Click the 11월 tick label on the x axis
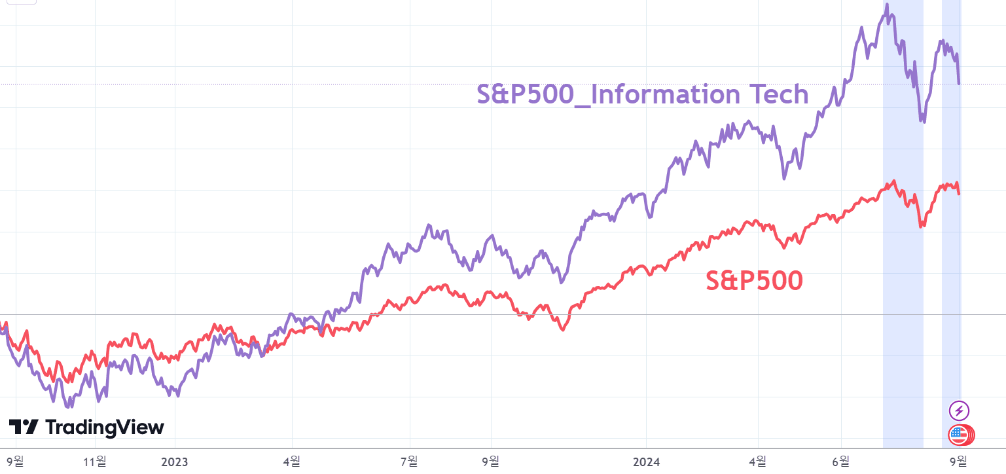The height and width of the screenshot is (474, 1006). click(95, 461)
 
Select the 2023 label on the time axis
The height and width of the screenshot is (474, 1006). click(174, 461)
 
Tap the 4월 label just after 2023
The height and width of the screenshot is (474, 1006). click(292, 461)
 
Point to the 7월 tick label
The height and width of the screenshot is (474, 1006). click(409, 461)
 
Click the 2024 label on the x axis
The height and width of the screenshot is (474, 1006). click(646, 461)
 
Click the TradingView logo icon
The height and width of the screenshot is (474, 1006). click(24, 428)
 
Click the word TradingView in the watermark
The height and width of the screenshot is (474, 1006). click(105, 428)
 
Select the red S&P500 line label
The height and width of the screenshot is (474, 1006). click(754, 281)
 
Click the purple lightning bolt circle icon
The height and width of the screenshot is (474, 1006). click(959, 410)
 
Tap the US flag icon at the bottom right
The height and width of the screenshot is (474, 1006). click(959, 433)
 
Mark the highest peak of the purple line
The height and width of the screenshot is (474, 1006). click(887, 5)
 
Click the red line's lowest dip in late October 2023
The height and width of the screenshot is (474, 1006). click(562, 330)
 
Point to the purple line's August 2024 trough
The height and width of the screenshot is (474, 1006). click(923, 121)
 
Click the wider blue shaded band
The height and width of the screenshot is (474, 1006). click(903, 262)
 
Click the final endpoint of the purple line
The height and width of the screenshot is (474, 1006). click(959, 83)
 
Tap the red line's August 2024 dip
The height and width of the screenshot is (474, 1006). click(922, 226)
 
